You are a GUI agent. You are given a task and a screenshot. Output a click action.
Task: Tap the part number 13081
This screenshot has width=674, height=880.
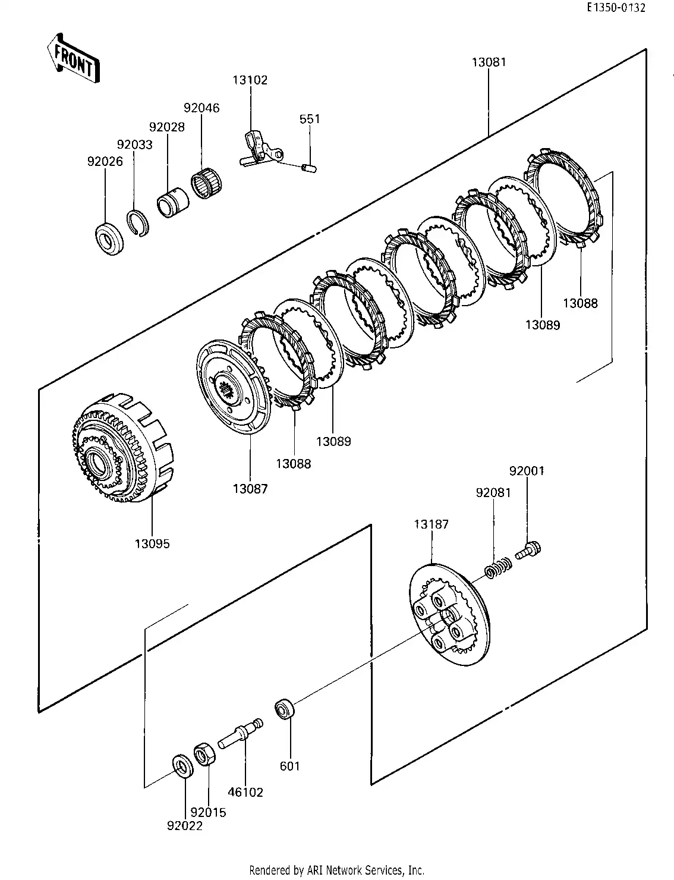click(489, 62)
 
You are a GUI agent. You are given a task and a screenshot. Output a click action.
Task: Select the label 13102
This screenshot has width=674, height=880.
click(250, 80)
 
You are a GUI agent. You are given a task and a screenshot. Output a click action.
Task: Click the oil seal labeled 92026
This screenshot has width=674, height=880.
click(109, 239)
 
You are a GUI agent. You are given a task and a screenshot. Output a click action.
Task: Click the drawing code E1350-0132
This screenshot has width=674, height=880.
click(616, 8)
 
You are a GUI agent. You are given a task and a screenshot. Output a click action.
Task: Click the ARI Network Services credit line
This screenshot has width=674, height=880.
click(336, 870)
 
